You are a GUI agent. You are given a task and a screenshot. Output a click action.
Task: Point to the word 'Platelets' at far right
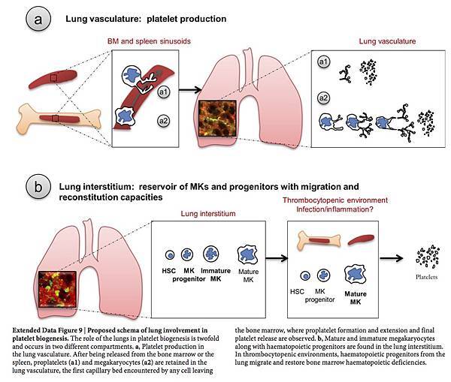coord(425,285)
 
